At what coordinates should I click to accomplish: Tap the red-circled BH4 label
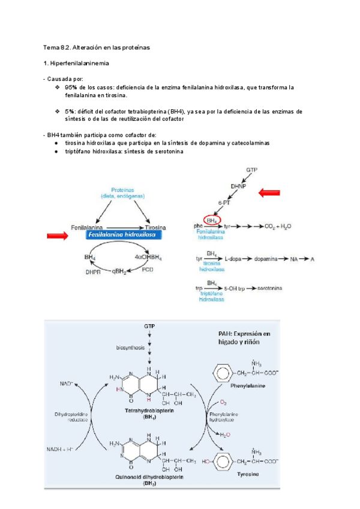point(212,220)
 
